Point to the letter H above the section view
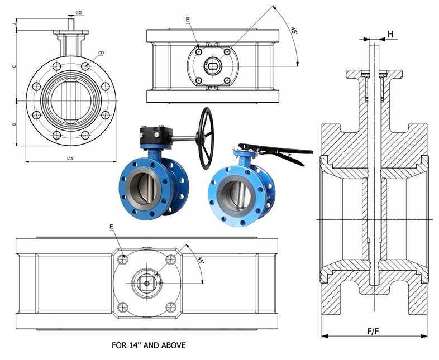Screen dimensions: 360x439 click(390, 34)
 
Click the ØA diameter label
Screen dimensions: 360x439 click(70, 159)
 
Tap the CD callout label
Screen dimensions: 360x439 click(101, 53)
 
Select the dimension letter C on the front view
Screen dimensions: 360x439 click(14, 66)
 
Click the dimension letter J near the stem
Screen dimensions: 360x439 click(14, 23)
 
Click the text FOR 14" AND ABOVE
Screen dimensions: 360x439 click(149, 345)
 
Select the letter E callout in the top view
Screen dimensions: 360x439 click(188, 20)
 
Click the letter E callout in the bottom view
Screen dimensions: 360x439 click(111, 227)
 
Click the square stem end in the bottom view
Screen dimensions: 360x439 click(147, 283)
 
